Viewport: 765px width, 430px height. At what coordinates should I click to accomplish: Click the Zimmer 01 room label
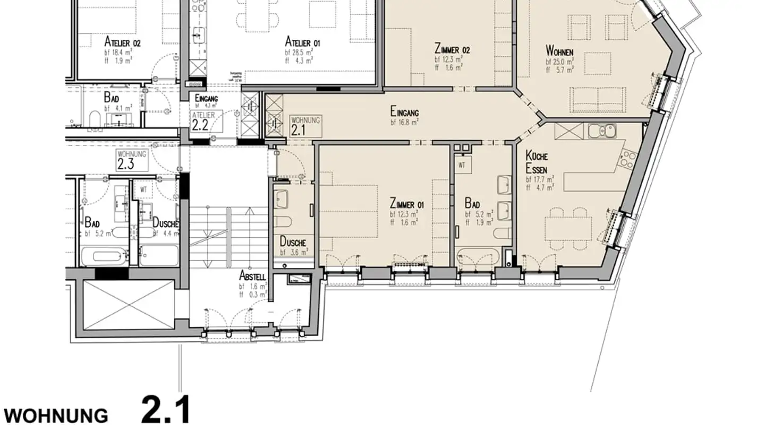pos(406,203)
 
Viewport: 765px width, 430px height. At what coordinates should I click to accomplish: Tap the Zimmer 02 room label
pos(452,50)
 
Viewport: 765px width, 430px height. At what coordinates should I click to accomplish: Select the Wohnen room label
pos(559,51)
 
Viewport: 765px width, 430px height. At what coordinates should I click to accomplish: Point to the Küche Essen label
pos(537,162)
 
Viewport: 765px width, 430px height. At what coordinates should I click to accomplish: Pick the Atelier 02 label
pos(122,42)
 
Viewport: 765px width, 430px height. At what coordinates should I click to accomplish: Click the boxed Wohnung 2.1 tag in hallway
pos(305,125)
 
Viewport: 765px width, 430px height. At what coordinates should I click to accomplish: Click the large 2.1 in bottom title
pos(165,410)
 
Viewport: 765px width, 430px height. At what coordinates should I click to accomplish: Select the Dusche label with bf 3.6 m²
pos(293,242)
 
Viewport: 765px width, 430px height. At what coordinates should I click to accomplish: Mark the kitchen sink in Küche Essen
pos(602,130)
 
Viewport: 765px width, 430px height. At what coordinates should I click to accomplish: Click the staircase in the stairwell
pos(228,234)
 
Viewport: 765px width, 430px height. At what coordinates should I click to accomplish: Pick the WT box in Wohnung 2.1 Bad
pos(462,165)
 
